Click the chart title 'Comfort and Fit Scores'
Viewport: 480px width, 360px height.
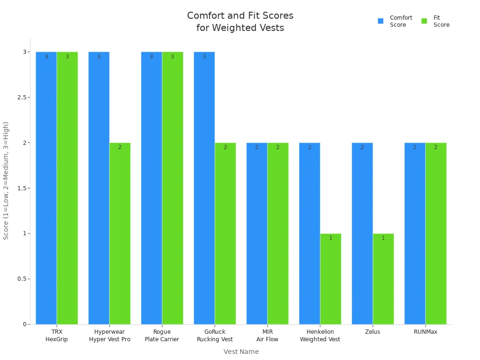point(240,16)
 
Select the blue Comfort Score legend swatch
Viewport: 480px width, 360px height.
point(381,21)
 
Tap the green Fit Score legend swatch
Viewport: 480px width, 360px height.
point(424,21)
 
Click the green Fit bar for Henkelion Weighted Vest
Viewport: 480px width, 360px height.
point(330,279)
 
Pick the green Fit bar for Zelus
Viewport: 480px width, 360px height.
point(383,279)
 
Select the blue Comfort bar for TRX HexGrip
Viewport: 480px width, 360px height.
point(46,187)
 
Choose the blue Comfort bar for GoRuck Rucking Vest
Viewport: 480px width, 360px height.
point(204,187)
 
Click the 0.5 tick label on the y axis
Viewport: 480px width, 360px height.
point(22,279)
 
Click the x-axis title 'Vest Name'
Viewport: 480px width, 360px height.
point(241,352)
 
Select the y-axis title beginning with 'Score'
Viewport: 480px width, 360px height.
point(6,180)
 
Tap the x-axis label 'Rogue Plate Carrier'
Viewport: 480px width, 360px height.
point(162,336)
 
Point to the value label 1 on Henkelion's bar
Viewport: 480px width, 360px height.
point(330,238)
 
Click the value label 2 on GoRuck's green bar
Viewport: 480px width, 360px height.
point(225,147)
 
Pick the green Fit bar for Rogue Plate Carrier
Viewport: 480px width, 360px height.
point(172,187)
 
